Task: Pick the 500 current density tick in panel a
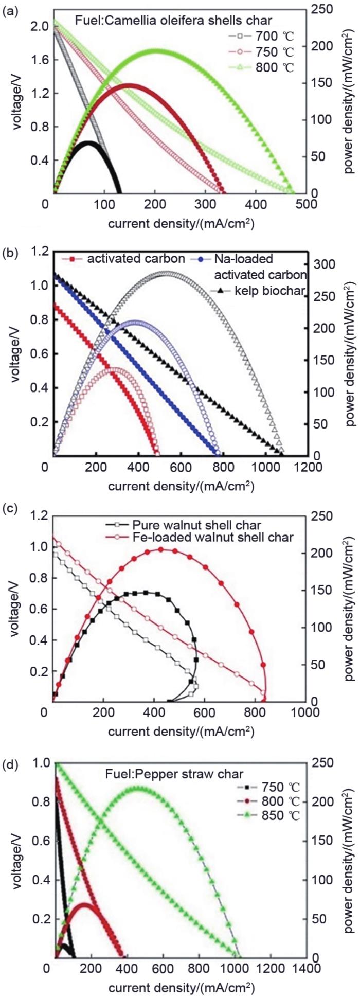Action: (x=306, y=204)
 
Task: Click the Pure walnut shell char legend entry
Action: (x=196, y=525)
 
